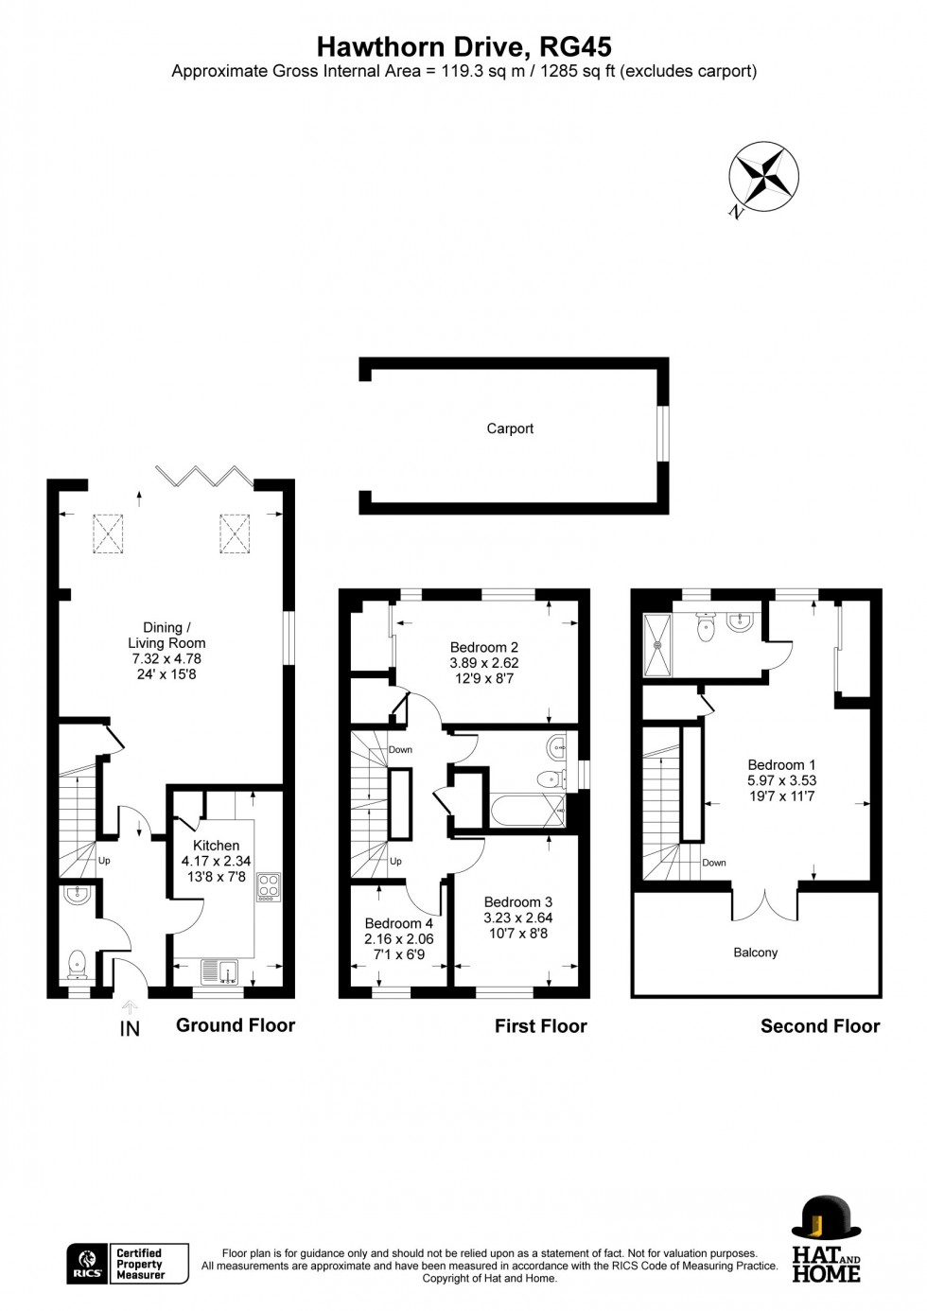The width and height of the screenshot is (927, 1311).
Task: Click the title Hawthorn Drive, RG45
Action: tap(463, 46)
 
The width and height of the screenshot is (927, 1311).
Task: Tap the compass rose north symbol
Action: tap(762, 177)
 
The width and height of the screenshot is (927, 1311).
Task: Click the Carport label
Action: tap(510, 428)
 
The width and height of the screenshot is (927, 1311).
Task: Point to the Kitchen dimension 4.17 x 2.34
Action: tap(216, 861)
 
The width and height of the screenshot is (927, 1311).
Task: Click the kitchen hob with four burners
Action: tap(269, 885)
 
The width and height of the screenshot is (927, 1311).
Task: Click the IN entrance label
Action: tap(130, 1028)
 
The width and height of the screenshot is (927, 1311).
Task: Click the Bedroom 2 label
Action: tap(483, 648)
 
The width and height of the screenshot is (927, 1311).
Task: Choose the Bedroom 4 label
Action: tap(398, 923)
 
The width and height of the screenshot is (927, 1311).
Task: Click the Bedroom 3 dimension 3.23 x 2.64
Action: tap(517, 918)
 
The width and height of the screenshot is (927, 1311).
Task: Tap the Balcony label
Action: tap(755, 953)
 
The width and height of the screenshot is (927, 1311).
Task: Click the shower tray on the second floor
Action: tap(656, 644)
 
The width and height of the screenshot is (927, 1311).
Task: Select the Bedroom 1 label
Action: tap(781, 764)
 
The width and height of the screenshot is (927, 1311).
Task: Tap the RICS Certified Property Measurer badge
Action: tap(128, 1264)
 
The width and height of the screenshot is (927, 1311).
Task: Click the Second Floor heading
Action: tap(819, 1026)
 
